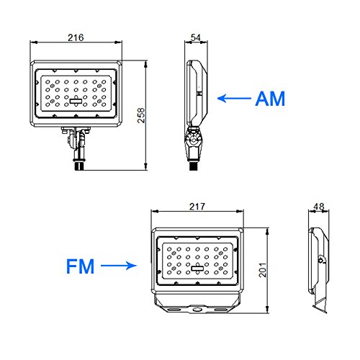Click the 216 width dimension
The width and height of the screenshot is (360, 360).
[76, 37]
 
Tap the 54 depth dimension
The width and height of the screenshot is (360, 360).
[196, 37]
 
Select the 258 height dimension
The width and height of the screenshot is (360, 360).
[141, 115]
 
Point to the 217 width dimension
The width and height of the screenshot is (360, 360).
[197, 207]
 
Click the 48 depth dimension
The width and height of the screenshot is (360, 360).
[319, 207]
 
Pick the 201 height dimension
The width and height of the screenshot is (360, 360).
[263, 270]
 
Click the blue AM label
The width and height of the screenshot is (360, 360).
[270, 99]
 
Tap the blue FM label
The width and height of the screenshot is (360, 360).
[80, 266]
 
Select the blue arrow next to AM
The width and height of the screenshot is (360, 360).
[234, 99]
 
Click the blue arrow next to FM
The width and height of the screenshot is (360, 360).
[119, 266]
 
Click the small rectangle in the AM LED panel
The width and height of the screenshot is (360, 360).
[76, 101]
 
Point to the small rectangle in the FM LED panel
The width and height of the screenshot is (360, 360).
[197, 269]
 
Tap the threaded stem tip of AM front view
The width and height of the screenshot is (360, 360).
[80, 166]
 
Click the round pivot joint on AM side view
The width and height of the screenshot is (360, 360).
[193, 140]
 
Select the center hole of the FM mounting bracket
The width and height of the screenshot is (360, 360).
[197, 310]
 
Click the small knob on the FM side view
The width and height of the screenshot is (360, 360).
[321, 260]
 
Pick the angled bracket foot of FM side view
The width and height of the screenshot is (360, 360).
[320, 304]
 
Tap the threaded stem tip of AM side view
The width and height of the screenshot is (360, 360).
[194, 166]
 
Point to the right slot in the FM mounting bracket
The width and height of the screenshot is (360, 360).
[221, 310]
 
